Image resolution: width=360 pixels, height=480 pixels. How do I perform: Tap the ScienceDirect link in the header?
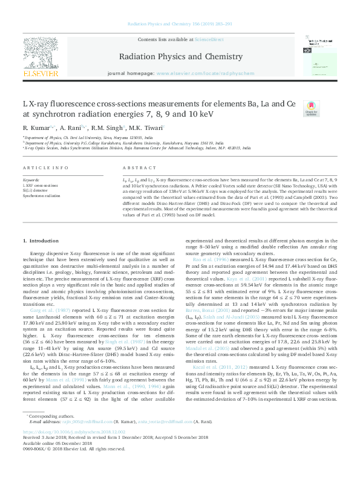click(x=209, y=39)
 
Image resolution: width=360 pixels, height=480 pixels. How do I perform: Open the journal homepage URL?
click(x=206, y=72)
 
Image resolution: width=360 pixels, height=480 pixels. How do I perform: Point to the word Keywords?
click(x=30, y=180)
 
